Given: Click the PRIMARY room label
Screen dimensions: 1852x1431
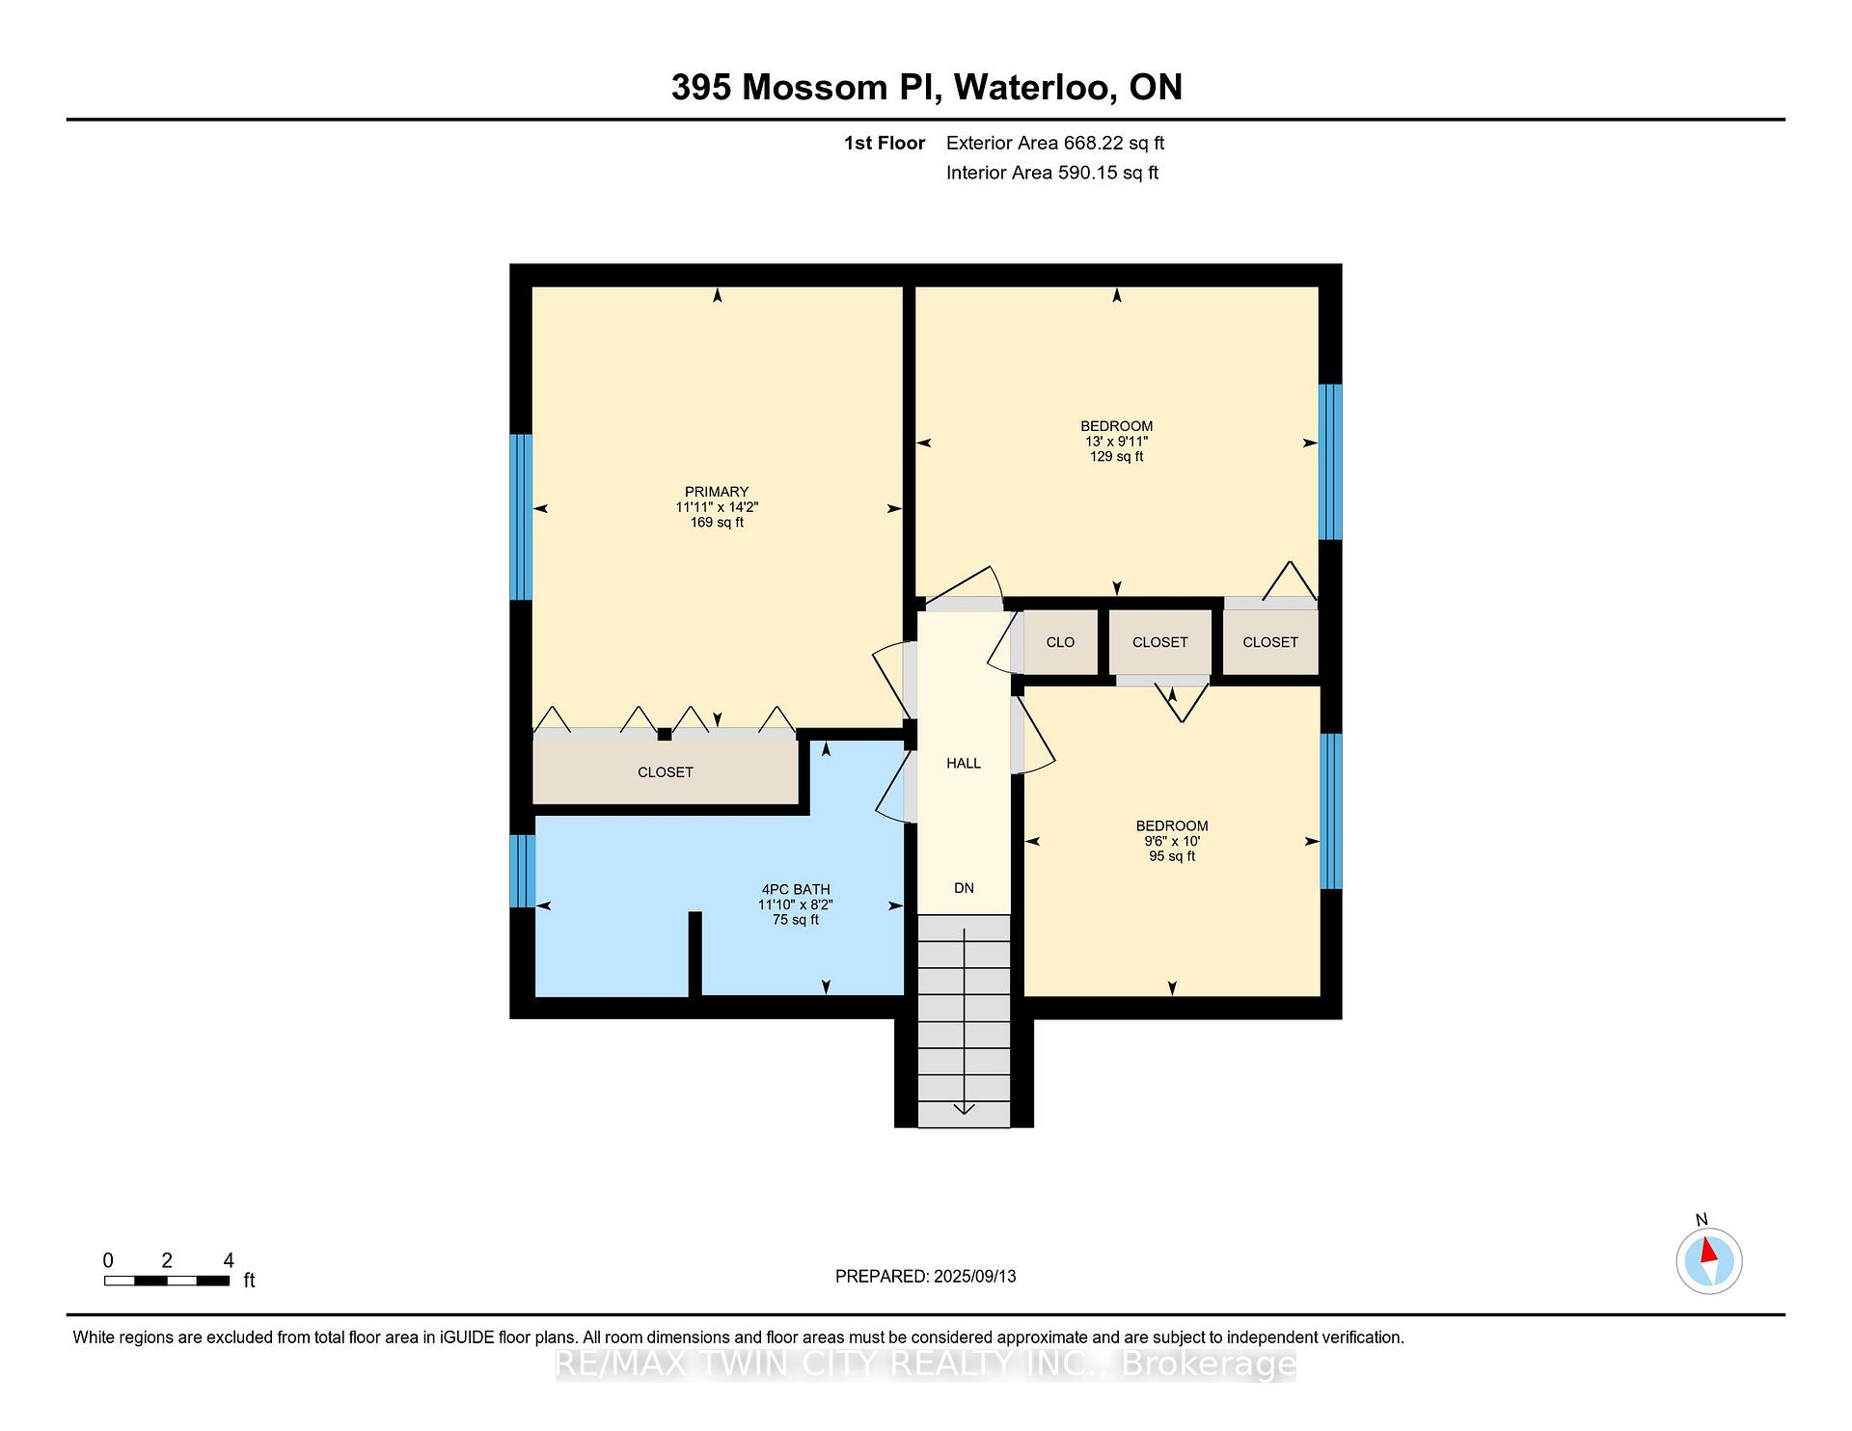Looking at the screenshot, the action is point(717,492).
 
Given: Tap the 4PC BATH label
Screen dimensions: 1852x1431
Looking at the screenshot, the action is point(796,890).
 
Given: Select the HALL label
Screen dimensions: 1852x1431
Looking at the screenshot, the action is point(964,764).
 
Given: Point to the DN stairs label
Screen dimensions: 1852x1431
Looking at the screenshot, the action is point(964,888).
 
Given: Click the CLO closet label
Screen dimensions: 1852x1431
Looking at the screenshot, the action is point(1060,642).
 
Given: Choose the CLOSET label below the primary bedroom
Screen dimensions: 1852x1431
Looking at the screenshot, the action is point(666,772).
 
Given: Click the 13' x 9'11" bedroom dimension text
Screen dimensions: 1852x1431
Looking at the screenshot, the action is point(1117,442).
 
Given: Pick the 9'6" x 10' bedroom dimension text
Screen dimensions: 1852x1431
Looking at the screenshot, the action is point(1172,841).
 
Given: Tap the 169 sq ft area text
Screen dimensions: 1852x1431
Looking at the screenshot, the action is point(717,523).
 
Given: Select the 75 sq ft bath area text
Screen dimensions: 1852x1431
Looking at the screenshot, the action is point(796,920).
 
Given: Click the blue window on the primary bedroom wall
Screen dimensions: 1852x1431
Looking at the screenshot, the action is point(521,517).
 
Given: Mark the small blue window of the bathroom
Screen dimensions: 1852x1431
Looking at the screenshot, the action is point(522,871).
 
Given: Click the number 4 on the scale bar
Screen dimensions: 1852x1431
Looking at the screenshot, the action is point(229,1260).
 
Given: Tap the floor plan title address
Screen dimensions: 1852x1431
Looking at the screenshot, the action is point(927,88).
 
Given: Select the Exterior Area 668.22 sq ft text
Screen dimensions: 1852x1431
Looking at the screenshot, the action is point(1055,144).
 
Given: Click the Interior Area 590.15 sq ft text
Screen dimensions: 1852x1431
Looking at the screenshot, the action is point(1052,174).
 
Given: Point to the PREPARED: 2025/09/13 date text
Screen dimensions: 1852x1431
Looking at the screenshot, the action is point(926,1277).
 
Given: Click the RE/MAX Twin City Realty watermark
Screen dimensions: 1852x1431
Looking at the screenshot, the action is point(926,1363).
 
